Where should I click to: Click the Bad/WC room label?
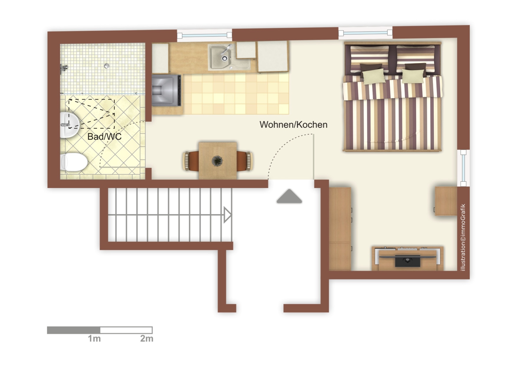(104, 137)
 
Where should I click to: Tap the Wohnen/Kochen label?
(293, 125)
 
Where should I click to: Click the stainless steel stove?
(166, 90)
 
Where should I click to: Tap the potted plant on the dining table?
(218, 161)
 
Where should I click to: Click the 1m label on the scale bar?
(94, 339)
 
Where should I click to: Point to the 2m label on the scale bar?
(147, 339)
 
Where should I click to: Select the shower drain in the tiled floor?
(107, 66)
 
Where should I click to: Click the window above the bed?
(365, 32)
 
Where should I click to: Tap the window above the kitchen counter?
(204, 35)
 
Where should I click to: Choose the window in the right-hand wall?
(463, 168)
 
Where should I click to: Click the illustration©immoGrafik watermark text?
(463, 238)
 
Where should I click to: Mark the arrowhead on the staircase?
(228, 215)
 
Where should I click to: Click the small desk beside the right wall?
(446, 201)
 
